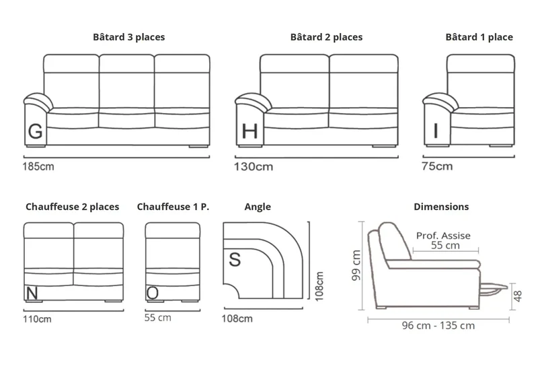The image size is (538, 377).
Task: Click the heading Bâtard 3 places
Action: pos(128,37)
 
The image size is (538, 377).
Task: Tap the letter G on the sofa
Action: pos(36,131)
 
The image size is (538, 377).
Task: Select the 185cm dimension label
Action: pos(38,166)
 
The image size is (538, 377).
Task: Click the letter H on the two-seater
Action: pos(249,131)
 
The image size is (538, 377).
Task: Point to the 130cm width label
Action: pos(254,166)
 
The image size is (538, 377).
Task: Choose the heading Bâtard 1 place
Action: pos(479,37)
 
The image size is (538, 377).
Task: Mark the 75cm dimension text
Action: pos(437,166)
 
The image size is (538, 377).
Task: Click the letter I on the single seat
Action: pos(436,131)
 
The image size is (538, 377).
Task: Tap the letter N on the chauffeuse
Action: pos(32,294)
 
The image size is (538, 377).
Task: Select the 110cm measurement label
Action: pos(37,319)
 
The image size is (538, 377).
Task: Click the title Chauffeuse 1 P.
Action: pos(173,207)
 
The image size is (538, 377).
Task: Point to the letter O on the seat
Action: pos(153,294)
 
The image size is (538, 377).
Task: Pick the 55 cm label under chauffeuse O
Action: pos(158,318)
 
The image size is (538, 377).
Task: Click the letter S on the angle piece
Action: pos(235,260)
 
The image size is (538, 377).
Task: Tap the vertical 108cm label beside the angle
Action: pos(319,286)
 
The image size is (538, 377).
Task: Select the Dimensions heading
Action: pos(441,207)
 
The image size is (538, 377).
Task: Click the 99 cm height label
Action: pos(356,265)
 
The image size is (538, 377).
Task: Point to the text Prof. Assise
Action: pos(443,236)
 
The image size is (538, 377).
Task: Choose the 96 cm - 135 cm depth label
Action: pos(438,325)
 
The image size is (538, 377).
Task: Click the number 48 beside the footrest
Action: pos(518,296)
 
